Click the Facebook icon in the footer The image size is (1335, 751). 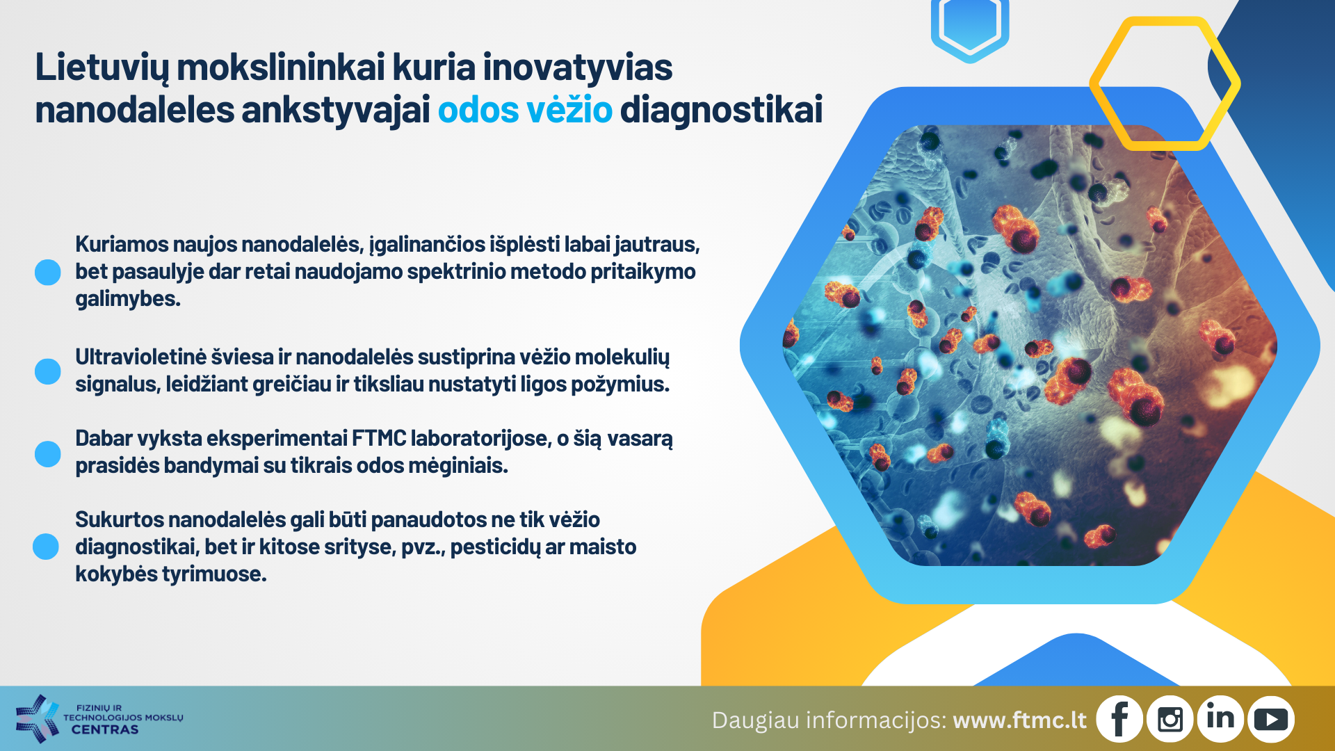1119,719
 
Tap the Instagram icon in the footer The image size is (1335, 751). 1170,719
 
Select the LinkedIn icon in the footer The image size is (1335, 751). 1220,719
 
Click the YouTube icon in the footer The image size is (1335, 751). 1271,719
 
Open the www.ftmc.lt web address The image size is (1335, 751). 1019,720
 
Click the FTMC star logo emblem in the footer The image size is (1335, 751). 37,718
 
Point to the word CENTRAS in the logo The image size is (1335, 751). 105,729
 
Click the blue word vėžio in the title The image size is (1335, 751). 569,110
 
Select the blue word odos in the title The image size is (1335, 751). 478,110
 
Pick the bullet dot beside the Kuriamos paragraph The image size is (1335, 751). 48,272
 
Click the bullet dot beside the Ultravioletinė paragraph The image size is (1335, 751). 48,371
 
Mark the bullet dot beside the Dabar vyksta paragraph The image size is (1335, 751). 48,453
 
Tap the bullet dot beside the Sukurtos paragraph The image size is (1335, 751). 46,547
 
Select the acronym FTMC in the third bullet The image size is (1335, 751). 379,438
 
